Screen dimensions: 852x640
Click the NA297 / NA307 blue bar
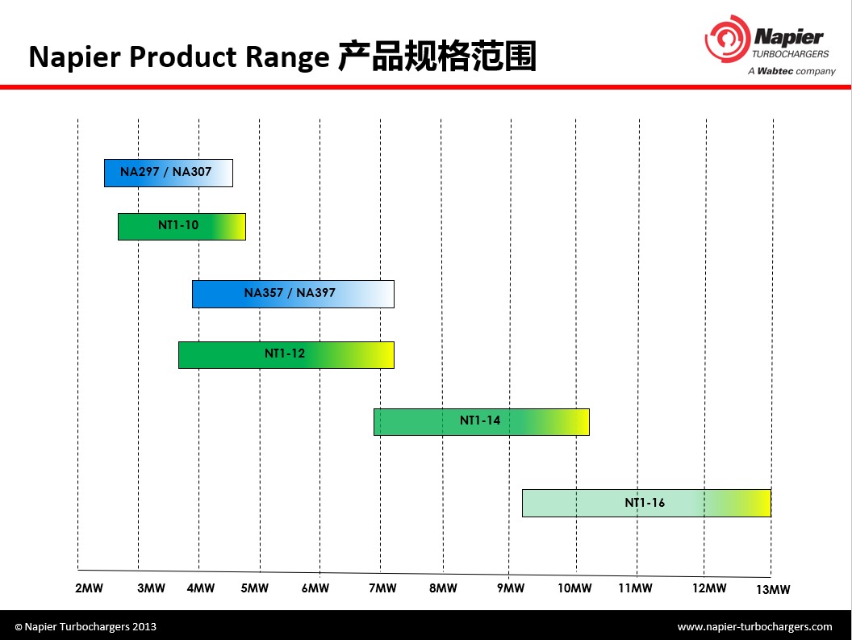coord(169,173)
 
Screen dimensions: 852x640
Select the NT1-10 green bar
coord(182,227)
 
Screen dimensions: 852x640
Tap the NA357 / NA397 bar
coord(294,294)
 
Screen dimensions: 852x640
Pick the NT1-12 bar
coord(286,355)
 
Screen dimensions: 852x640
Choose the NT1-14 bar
coord(482,422)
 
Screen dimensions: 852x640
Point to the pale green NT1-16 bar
coord(646,503)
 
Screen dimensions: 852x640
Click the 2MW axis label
coord(89,588)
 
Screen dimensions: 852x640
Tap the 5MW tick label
coord(255,588)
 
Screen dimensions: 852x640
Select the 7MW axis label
coord(382,588)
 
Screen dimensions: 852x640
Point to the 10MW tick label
coord(574,588)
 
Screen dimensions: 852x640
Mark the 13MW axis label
coord(773,589)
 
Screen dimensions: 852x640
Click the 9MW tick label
coord(511,588)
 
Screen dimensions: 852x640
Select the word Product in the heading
coord(183,56)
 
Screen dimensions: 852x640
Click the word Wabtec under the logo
coord(775,71)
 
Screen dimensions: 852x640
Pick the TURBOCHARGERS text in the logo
coord(791,54)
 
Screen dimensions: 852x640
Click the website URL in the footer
coord(754,626)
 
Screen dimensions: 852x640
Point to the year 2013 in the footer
coord(144,626)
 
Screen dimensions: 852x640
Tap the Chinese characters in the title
coord(437,56)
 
